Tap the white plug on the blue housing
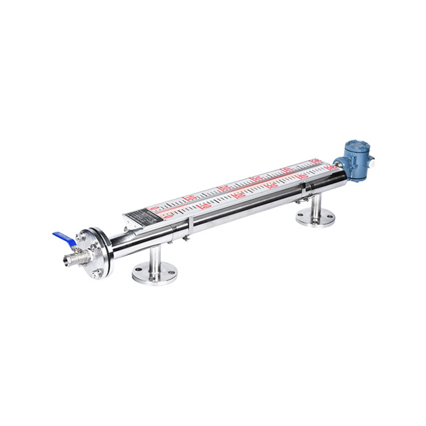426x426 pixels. pos(371,160)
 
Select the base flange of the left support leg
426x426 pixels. pos(154,273)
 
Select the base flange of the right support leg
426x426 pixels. pos(315,216)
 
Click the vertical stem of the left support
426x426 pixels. pos(154,256)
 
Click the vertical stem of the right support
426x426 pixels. pos(315,202)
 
